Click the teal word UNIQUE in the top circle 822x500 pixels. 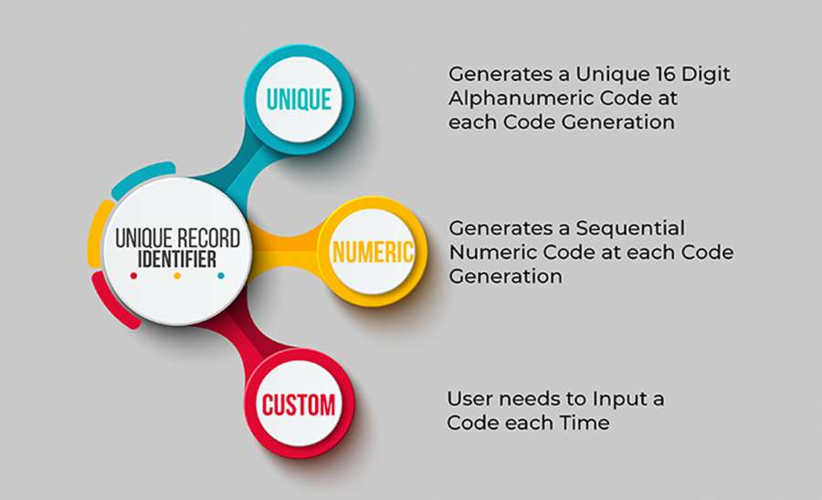tap(299, 99)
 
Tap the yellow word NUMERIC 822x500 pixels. tap(373, 252)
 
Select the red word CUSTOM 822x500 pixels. tap(299, 405)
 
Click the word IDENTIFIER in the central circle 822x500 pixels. tap(177, 259)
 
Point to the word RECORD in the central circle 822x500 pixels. tap(208, 238)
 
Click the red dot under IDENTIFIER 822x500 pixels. tap(133, 276)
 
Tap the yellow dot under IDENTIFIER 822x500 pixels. tap(177, 276)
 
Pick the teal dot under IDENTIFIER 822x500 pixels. tap(221, 276)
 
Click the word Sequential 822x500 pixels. tap(630, 228)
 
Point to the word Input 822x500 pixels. tap(619, 400)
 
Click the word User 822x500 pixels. tap(469, 399)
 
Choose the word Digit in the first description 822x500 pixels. tap(706, 74)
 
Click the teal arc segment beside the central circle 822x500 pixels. tap(142, 177)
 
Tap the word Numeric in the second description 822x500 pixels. tap(493, 253)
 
